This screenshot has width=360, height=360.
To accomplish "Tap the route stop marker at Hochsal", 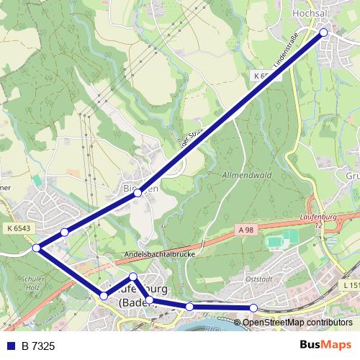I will tap(324, 32).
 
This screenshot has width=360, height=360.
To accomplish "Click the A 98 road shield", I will tap(245, 229).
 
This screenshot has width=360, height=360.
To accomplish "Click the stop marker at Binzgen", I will tap(138, 193).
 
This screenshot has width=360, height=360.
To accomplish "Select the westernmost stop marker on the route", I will tap(36, 248).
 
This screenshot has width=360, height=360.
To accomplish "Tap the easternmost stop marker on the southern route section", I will tap(253, 308).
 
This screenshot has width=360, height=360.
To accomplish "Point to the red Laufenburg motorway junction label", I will tap(317, 220).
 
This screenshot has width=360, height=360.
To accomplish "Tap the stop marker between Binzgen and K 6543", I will tap(65, 232).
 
